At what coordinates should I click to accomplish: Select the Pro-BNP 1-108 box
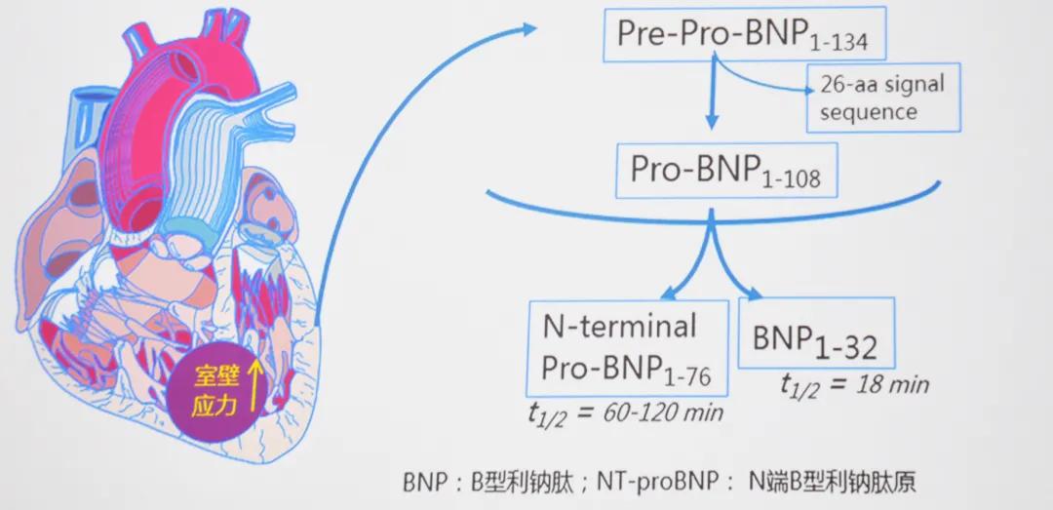[723, 172]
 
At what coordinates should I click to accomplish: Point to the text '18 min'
[892, 383]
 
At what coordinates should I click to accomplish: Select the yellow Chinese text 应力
[216, 400]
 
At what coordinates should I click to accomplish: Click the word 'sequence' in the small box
[869, 111]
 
